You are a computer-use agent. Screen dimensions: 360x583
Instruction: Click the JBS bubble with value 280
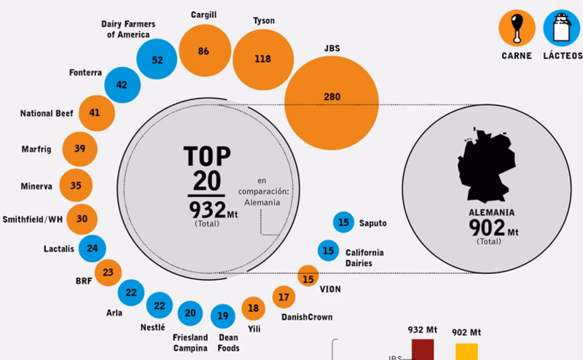[332, 97]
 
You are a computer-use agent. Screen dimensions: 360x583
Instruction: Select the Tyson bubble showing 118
[262, 58]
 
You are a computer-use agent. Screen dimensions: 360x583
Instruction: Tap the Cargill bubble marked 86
[203, 51]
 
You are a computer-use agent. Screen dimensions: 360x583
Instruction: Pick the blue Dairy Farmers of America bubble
[157, 60]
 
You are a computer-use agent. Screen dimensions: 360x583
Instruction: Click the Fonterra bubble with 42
[122, 85]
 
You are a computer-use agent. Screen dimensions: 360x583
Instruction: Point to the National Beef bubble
[94, 112]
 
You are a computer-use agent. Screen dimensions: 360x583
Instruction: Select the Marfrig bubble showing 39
[80, 149]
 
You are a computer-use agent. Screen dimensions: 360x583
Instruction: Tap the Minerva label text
[36, 186]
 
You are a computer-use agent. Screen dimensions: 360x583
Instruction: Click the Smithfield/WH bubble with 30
[82, 219]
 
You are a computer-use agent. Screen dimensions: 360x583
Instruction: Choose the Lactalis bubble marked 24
[92, 248]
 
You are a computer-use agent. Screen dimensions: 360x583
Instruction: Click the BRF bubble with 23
[108, 273]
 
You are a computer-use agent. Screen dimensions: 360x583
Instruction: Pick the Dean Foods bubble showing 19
[224, 316]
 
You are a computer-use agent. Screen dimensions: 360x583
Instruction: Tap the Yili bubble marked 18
[254, 308]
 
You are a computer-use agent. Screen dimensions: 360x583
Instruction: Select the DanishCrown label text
[307, 317]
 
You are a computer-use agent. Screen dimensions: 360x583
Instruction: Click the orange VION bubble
[308, 278]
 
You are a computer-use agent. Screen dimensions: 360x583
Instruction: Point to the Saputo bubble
[343, 222]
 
